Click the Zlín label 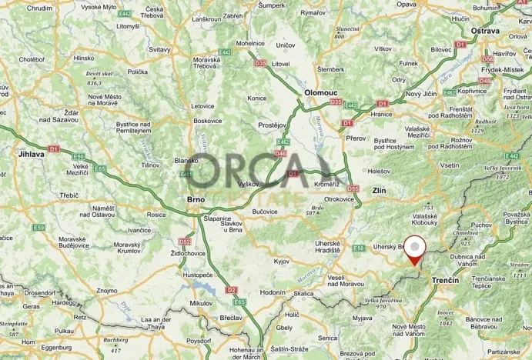tap(378, 189)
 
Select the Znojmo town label tap(107, 291)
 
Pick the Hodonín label tap(273, 292)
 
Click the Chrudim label tap(40, 8)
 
